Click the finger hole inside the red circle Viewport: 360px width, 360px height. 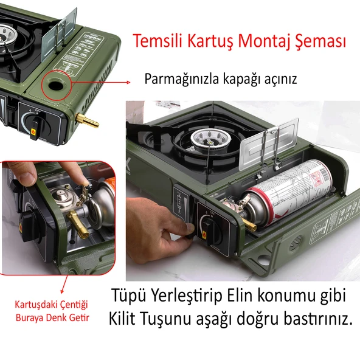tap(56, 85)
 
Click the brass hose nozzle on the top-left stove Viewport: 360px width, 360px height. tap(87, 120)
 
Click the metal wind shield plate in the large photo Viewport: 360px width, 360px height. tap(269, 144)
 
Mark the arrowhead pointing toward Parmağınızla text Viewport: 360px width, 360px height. tap(128, 82)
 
